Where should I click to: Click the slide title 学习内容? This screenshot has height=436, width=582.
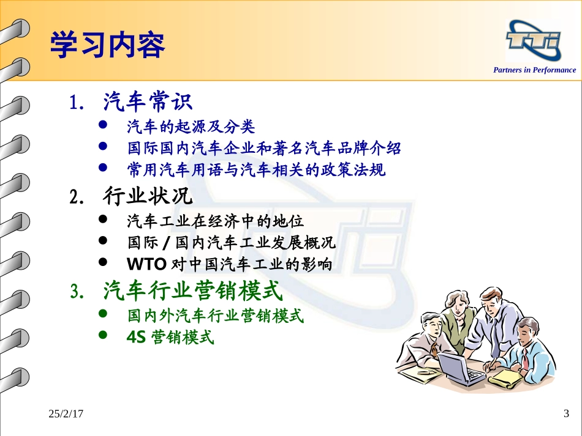[x=107, y=45]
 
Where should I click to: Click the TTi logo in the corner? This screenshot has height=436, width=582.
[x=532, y=41]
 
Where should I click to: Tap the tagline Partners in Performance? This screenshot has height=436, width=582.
[x=534, y=70]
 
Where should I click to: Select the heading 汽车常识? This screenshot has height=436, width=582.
[x=148, y=101]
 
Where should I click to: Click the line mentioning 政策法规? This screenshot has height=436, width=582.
[x=256, y=169]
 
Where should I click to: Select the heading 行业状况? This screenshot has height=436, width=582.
[x=148, y=197]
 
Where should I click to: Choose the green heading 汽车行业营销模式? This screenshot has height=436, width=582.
[x=193, y=290]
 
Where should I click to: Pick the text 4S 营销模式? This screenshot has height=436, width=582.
[x=170, y=336]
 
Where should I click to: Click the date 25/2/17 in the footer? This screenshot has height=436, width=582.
[x=66, y=415]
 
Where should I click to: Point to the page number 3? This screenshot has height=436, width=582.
[x=565, y=415]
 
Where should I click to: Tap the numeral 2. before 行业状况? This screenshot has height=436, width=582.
[x=77, y=198]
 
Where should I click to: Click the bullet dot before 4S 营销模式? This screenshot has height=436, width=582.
[x=103, y=335]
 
